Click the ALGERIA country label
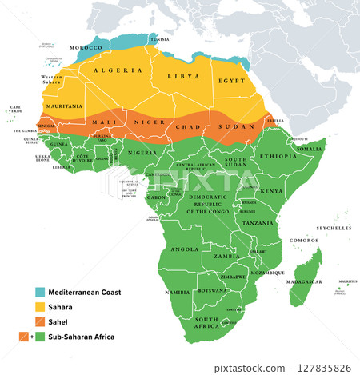(x=118, y=70)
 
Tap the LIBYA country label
(x=184, y=76)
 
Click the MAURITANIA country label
(x=63, y=106)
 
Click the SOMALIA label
(x=310, y=150)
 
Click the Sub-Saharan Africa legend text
(x=81, y=337)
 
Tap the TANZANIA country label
(x=258, y=223)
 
